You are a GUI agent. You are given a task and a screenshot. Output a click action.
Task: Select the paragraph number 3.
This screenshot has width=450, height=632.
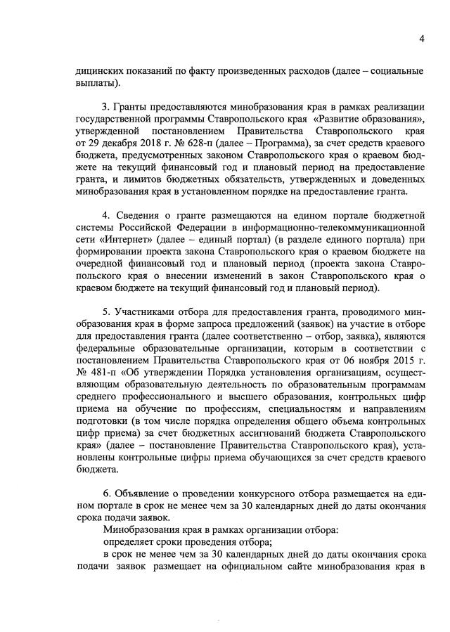click(106, 106)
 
